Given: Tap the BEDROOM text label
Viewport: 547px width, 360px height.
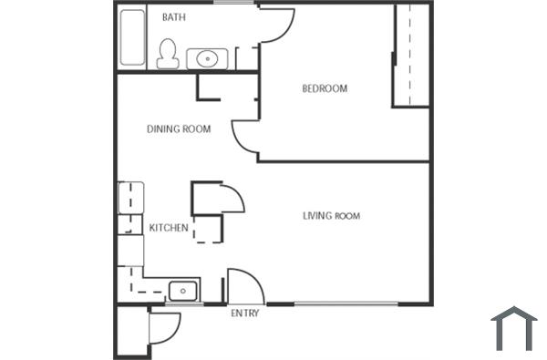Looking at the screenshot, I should point(325,88).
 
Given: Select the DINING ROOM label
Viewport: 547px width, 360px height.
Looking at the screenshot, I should point(179,129).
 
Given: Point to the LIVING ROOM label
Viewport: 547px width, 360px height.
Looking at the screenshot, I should point(331,216).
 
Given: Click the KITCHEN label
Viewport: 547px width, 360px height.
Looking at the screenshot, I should point(169,228).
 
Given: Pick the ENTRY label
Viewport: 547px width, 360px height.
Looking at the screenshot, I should point(245,314).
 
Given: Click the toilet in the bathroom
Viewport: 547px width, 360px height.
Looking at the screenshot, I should point(167,54).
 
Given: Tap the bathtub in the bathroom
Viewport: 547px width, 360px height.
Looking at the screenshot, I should point(132,37).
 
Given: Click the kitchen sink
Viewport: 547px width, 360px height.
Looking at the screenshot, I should point(182,291).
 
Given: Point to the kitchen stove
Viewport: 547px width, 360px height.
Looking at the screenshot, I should point(130,197).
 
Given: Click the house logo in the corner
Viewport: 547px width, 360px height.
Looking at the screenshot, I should point(513,328).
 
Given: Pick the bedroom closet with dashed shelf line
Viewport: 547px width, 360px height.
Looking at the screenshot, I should point(411,55).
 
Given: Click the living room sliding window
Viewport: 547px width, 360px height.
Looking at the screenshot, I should point(346,303).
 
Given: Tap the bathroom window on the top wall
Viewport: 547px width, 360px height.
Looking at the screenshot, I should point(234,3).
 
